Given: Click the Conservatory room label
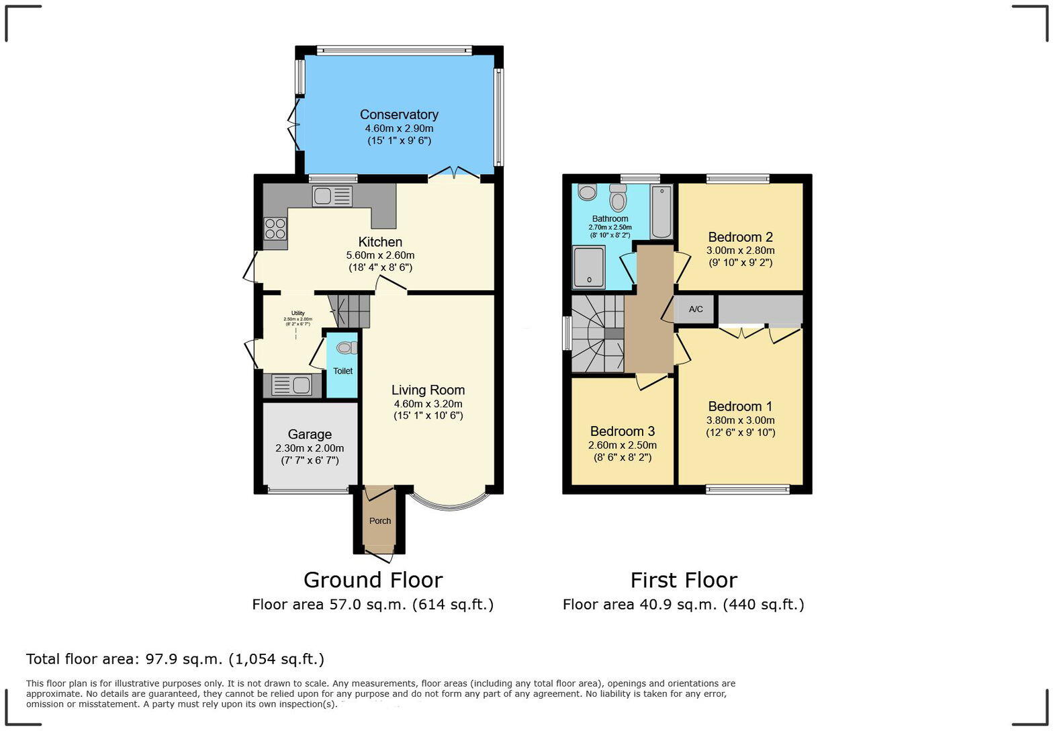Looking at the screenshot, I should [399, 115].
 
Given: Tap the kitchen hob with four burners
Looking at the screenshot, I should [275, 229].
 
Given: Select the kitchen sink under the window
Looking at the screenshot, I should [332, 196].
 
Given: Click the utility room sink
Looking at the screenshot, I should [291, 385].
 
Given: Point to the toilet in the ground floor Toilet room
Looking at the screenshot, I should [347, 347].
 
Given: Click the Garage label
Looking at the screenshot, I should [310, 435].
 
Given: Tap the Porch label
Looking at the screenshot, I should [380, 521].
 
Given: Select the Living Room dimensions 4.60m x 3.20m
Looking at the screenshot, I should [428, 404].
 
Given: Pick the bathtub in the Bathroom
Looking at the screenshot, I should [661, 212].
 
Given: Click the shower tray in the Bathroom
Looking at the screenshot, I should [589, 267].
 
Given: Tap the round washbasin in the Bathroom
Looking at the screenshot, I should [587, 193].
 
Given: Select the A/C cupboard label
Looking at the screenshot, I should [696, 309].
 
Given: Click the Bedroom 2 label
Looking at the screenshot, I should [740, 237].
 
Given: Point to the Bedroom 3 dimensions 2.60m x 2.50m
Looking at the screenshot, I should [623, 445].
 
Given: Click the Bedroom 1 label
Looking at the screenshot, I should [740, 406].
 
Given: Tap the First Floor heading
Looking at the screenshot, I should [684, 580].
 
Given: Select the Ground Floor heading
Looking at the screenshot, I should [373, 580].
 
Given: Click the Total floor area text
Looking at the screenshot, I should [175, 659].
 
